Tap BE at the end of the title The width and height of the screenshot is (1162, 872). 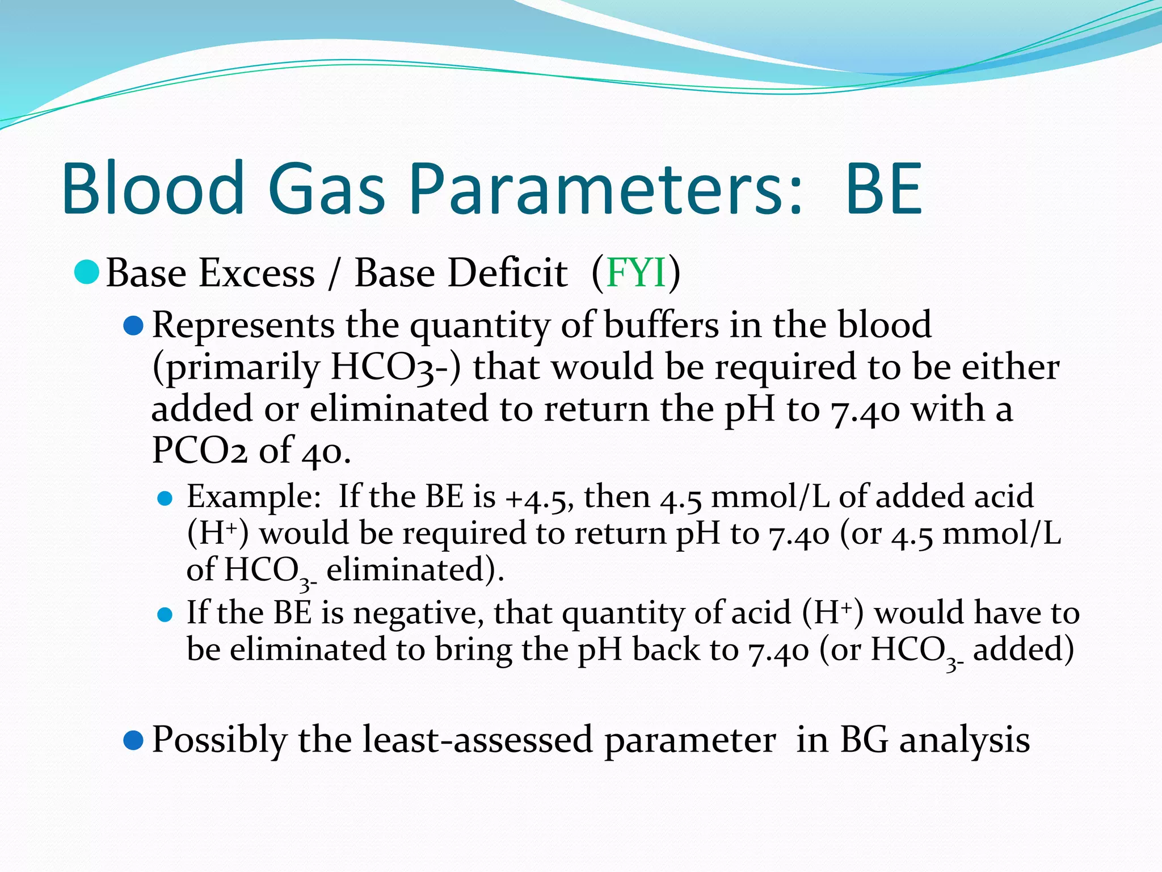coord(883,190)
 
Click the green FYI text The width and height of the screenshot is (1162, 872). coord(635,273)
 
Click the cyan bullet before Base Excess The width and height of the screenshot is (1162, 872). coord(87,272)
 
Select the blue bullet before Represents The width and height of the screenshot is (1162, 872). coord(133,326)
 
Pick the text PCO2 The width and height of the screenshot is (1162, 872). coord(199,451)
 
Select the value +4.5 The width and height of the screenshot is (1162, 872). coord(540,497)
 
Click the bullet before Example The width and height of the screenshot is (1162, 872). coord(165,498)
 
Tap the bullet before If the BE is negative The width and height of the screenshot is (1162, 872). coord(165,615)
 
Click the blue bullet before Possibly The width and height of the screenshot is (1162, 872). coord(133,740)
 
